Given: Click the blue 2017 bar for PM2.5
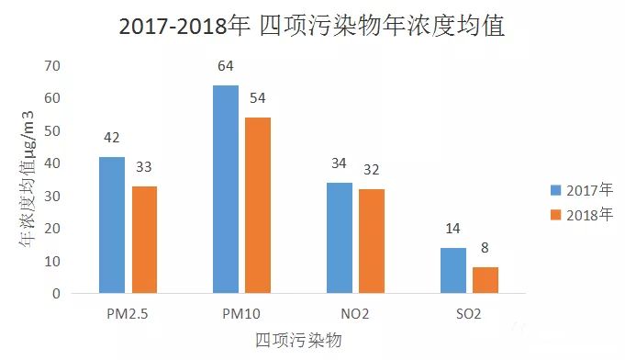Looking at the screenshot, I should point(112,225).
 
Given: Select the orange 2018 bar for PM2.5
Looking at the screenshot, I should point(144,240).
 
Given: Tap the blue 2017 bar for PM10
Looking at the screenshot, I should point(225,189).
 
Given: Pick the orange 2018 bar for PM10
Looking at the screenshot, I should point(259,206).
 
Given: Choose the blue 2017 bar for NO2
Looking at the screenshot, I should point(339,238).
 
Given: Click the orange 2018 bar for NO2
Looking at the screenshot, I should point(372,242).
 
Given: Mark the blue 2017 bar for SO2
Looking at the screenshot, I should point(452,271).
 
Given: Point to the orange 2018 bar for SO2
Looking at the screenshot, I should point(485,280).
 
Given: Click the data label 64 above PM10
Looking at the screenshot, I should point(226,67).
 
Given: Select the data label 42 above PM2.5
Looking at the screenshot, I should point(112,139).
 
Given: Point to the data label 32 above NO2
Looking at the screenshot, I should point(372,170).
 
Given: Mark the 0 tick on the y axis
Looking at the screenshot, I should point(56,294).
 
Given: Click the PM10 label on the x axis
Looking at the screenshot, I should point(241,314).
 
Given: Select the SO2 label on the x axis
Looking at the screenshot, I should point(468,314).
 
